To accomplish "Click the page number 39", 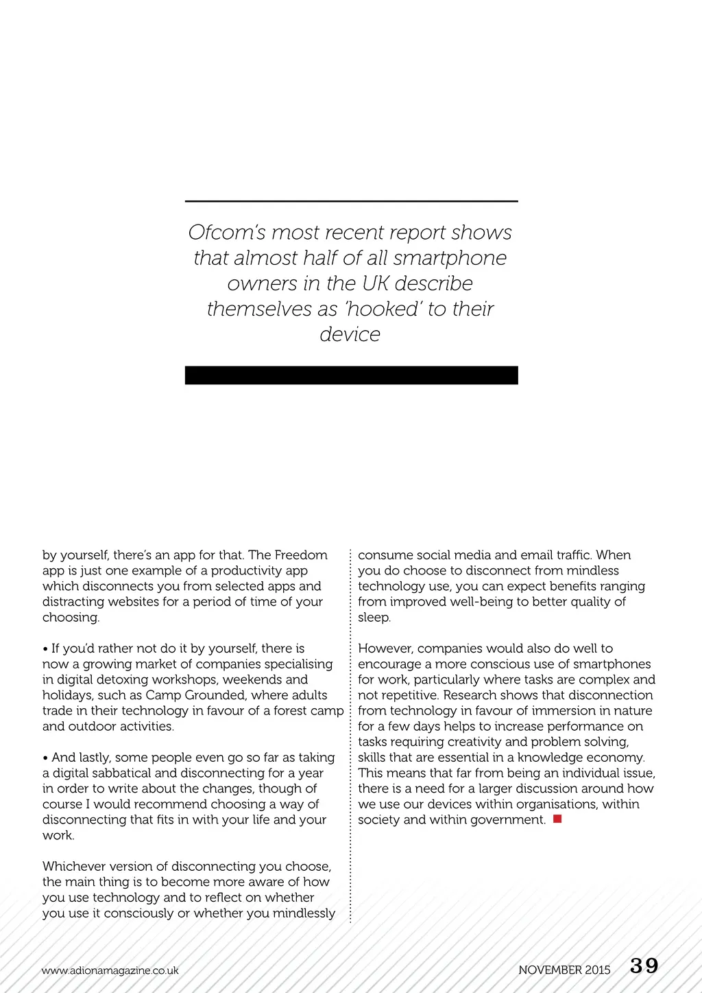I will pos(644,966).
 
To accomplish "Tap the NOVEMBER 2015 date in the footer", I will pos(564,970).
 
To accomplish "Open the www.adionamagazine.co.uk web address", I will pos(110,970).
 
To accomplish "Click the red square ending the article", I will pos(557,819).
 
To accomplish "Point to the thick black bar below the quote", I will pos(351,375).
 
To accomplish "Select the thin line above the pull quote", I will pos(351,201).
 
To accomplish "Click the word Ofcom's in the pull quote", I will pos(227,233).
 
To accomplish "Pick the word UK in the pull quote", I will pos(376,283).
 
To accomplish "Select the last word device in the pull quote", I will pos(350,334).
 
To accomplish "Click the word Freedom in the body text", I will pos(301,555).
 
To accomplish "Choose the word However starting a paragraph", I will pos(385,649).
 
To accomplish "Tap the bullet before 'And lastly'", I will pos(45,758).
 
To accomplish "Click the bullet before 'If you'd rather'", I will pos(45,649).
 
